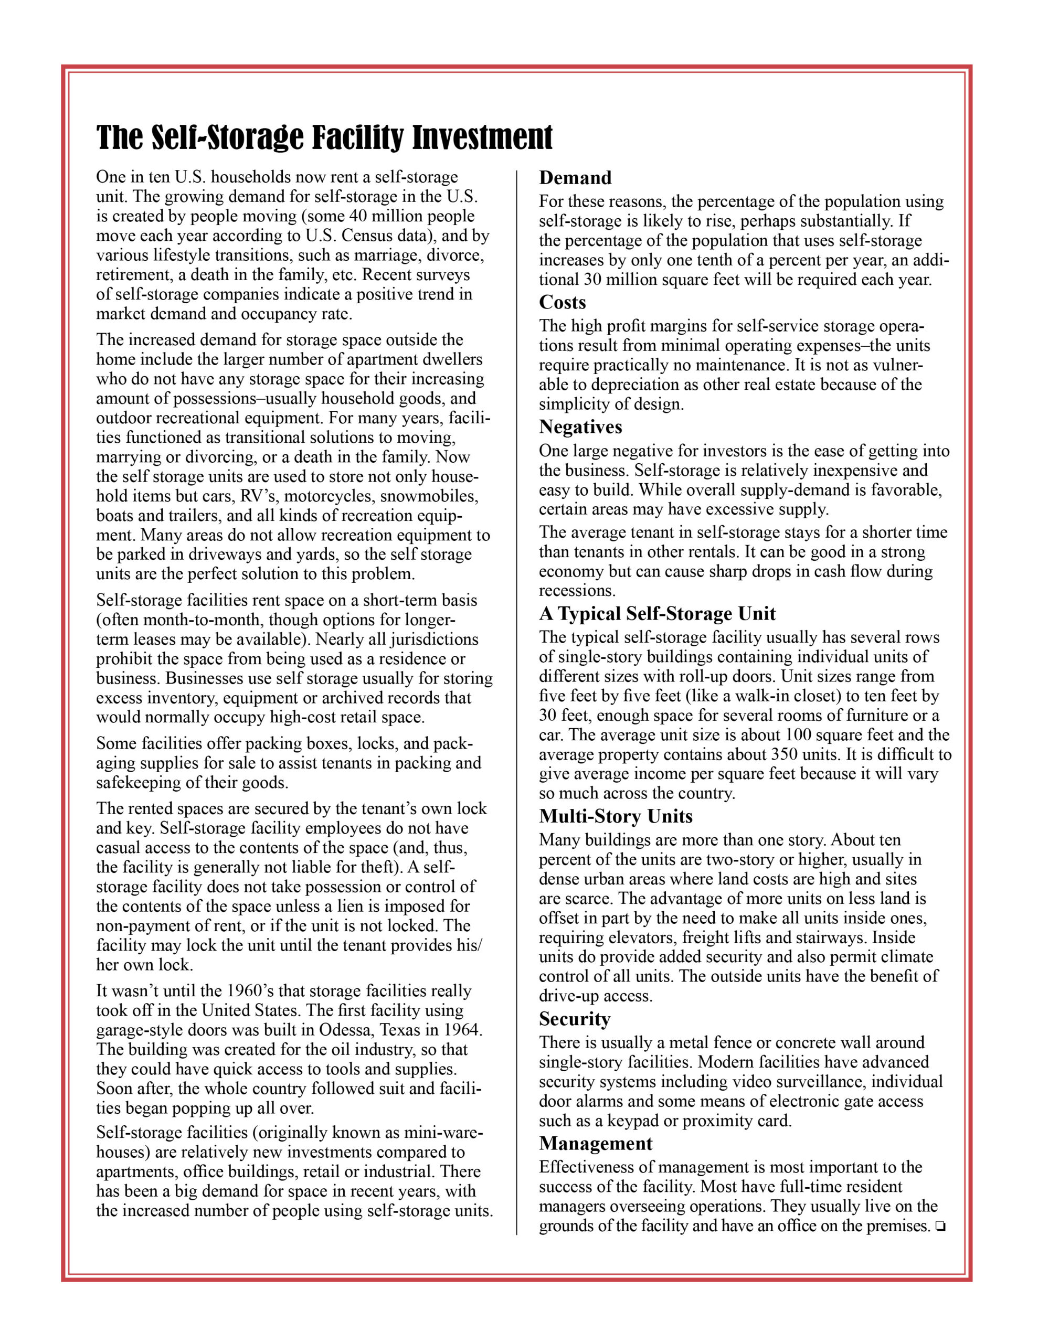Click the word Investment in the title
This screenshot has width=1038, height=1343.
[x=482, y=138]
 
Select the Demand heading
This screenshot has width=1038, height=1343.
[x=575, y=178]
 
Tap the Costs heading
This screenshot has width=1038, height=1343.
[x=563, y=303]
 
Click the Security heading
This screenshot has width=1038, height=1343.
[x=575, y=1019]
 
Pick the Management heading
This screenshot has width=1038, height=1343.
[x=595, y=1143]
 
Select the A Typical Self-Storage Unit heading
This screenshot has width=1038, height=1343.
[x=657, y=614]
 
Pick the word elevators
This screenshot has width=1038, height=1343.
[x=634, y=938]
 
